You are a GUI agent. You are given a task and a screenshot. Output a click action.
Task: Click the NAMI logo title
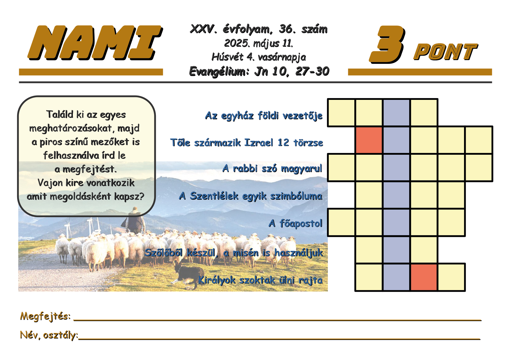pos(95,43)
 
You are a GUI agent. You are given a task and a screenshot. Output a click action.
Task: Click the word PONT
pos(445,52)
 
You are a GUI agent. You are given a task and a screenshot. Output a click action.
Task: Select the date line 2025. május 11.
pos(259,44)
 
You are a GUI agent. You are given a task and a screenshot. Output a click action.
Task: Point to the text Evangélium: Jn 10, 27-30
pos(259,71)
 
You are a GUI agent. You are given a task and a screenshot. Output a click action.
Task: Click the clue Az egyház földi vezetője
pos(264,116)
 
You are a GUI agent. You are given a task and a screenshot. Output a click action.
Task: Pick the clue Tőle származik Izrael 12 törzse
pos(247,143)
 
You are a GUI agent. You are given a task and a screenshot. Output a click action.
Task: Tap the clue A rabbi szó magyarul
pos(272,168)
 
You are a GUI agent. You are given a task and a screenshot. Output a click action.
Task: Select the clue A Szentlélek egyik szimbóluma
pos(251,196)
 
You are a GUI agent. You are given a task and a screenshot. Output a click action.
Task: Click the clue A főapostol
pos(295,223)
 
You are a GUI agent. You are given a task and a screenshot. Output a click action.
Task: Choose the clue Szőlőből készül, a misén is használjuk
pos(234,253)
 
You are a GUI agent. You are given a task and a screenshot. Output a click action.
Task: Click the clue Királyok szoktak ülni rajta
pos(260,280)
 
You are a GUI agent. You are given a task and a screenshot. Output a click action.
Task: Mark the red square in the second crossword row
pos(369,140)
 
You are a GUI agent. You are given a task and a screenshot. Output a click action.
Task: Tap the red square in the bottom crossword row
pos(424,277)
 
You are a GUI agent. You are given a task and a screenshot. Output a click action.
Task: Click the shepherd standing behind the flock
pos(135,221)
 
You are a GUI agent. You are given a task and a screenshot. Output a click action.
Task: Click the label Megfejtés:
pos(45,316)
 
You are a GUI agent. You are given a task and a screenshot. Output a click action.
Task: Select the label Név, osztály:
pos(49,335)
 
